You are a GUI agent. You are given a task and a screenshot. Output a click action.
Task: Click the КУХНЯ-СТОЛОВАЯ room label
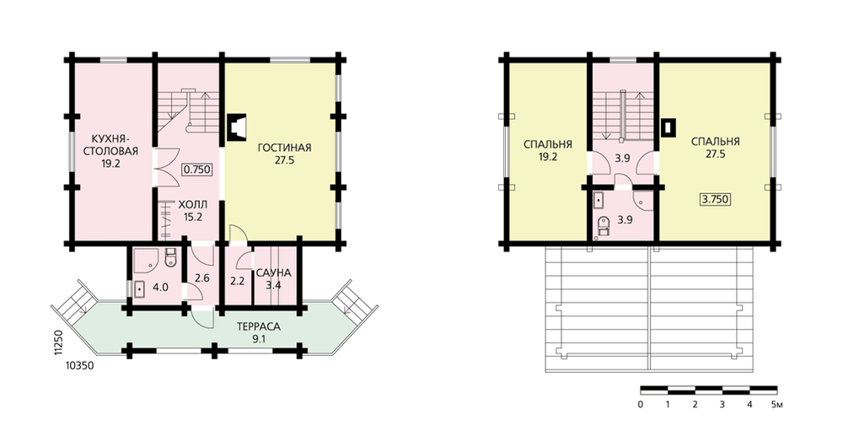(110, 145)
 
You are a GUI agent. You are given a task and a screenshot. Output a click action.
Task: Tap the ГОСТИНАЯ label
(284, 148)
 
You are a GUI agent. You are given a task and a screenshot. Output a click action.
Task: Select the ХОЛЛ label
(192, 205)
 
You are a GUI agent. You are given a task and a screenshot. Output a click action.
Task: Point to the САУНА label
(274, 272)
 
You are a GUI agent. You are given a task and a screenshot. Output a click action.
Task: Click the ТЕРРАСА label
(259, 327)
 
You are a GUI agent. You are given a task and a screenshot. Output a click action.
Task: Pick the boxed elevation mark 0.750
(196, 170)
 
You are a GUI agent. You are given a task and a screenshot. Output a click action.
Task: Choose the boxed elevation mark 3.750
(716, 199)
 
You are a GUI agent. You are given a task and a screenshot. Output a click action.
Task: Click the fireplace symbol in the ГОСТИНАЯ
(237, 127)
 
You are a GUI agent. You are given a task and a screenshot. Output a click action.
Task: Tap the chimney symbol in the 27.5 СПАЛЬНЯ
(668, 127)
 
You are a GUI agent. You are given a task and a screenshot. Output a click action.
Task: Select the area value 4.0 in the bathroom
(160, 288)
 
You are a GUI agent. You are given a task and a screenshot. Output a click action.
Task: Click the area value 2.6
(202, 278)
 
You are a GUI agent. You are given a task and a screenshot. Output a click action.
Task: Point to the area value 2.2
(237, 280)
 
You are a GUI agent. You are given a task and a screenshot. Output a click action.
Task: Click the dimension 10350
(79, 366)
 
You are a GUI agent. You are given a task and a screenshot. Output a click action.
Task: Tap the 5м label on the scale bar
(777, 405)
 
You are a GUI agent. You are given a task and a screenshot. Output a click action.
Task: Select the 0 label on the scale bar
(641, 405)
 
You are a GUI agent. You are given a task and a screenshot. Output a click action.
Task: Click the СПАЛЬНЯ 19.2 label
(548, 151)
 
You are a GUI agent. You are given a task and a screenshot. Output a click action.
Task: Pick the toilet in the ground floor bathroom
(170, 257)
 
